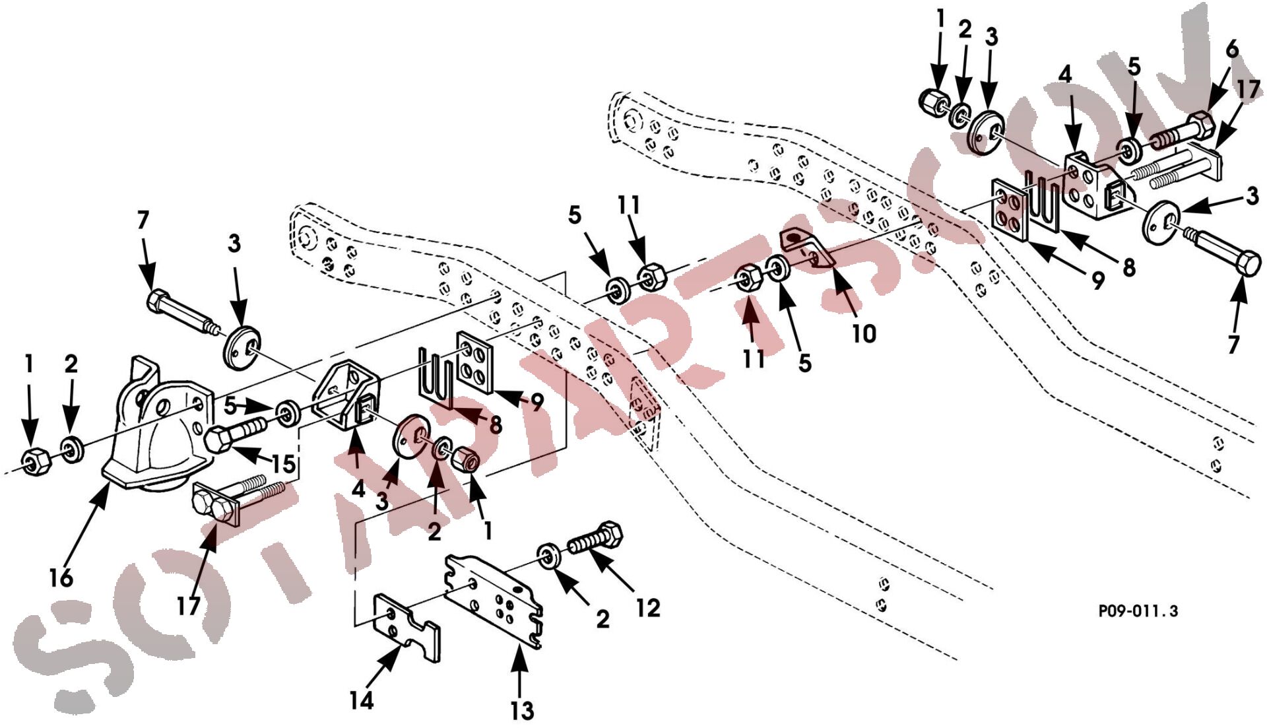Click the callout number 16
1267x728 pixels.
(61, 578)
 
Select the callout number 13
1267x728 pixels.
(522, 711)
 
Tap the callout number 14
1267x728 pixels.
(362, 700)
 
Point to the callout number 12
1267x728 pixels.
(648, 608)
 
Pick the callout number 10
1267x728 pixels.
(864, 333)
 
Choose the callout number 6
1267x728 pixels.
(1231, 50)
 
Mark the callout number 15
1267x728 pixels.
(283, 463)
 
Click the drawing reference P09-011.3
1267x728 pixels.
(1138, 611)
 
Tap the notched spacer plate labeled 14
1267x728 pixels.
(406, 627)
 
